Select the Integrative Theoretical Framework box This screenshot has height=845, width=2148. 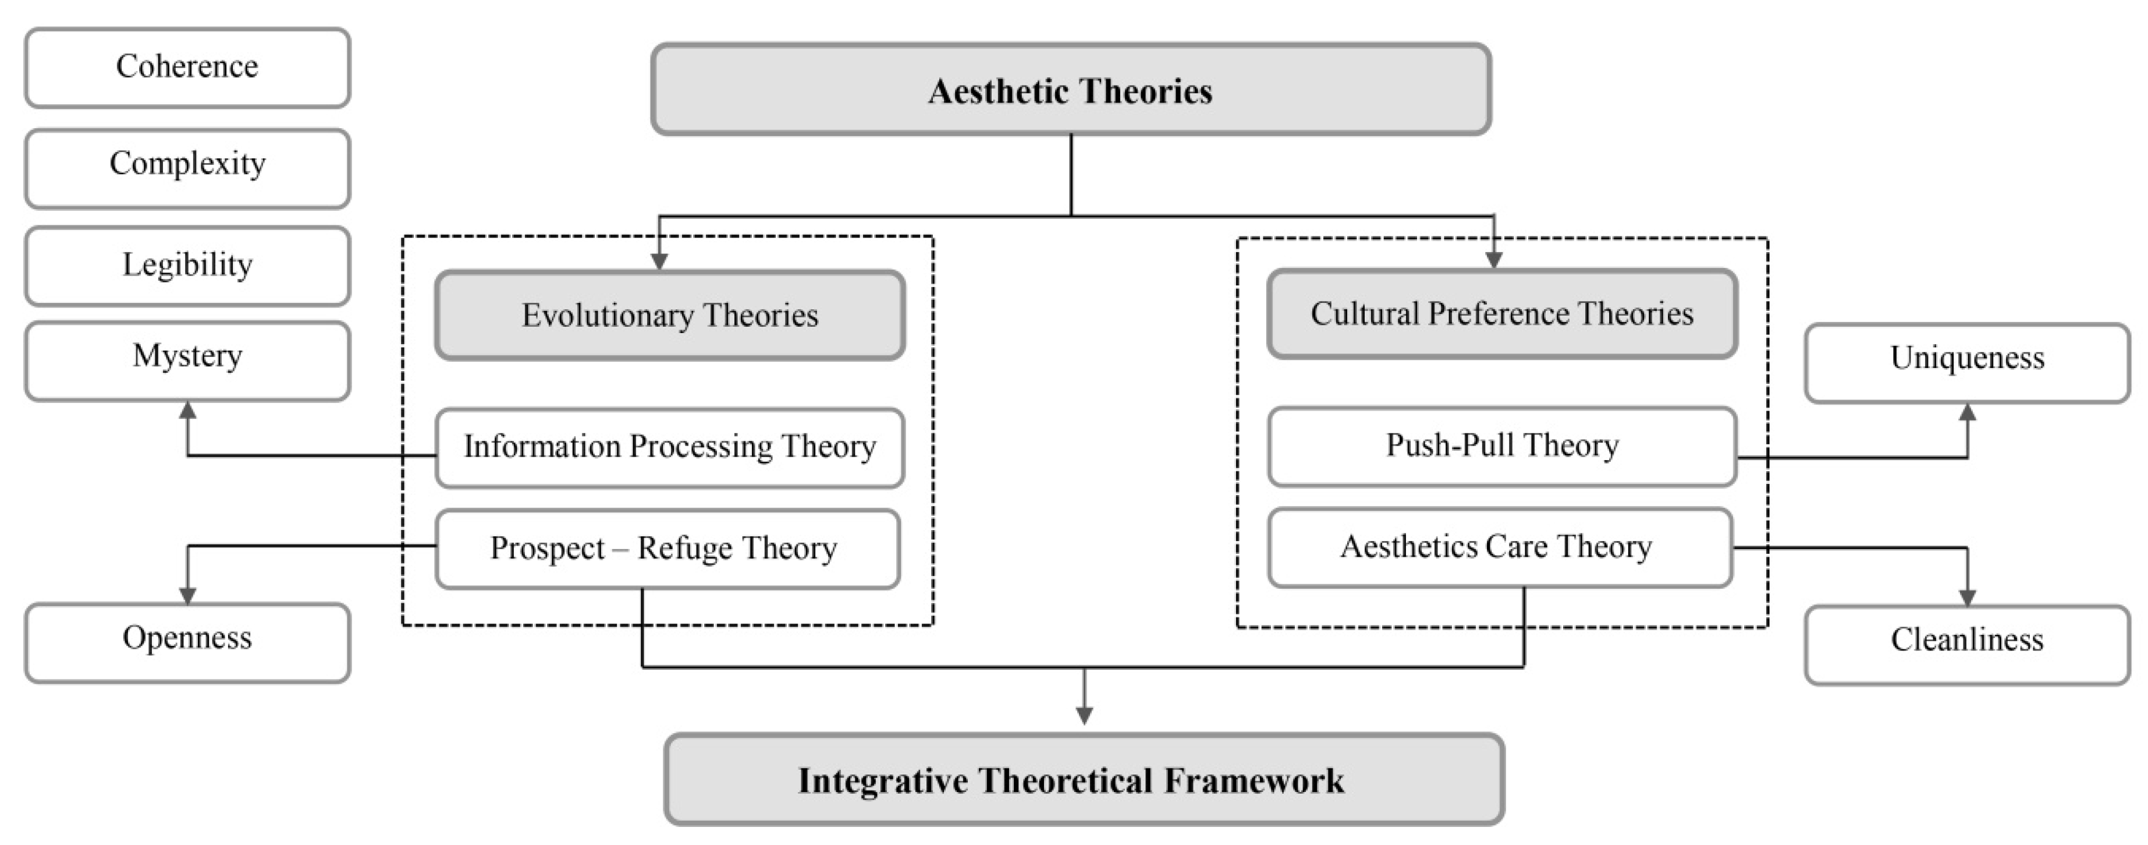(x=1084, y=779)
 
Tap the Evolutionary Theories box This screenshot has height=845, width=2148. (x=670, y=314)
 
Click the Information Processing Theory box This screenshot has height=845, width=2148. (x=670, y=447)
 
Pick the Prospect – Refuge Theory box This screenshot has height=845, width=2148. (x=667, y=548)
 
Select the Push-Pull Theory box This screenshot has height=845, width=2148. (x=1501, y=446)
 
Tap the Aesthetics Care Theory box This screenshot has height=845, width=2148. (x=1499, y=546)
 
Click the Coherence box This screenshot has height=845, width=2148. (x=187, y=67)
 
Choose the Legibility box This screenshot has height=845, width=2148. (x=187, y=265)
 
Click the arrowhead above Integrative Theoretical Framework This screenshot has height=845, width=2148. (x=1084, y=716)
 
